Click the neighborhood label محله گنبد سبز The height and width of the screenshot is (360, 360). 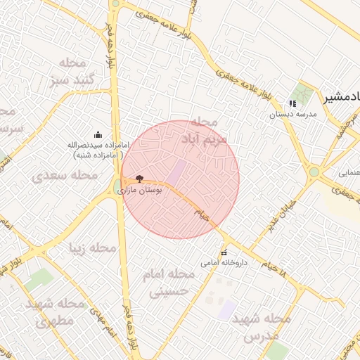point(72,71)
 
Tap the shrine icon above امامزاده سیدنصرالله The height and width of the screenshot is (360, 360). point(98,134)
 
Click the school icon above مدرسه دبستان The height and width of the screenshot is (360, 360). point(292,103)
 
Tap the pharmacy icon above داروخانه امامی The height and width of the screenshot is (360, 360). point(224,253)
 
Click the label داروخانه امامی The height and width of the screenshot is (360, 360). point(219,263)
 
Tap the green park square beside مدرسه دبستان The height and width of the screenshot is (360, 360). point(304,92)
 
